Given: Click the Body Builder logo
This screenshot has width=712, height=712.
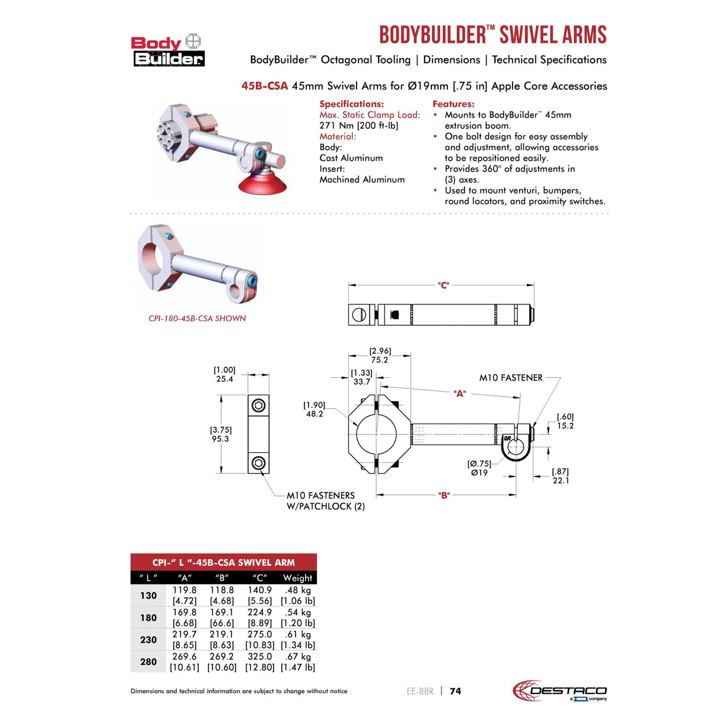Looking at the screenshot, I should [167, 50].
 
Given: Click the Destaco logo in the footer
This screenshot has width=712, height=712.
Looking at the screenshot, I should [560, 691].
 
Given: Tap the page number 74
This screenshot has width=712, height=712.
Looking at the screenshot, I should [455, 691].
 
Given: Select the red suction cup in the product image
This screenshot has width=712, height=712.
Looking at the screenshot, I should [262, 180].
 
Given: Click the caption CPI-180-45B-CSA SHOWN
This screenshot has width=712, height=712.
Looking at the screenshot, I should [197, 319].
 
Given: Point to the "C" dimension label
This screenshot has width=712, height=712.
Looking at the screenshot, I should [443, 285].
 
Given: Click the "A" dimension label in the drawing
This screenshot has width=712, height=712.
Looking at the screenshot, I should [459, 393].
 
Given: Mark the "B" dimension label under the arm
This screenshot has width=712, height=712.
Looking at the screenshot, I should [444, 495].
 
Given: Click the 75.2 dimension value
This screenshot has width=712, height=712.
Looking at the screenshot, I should [379, 360].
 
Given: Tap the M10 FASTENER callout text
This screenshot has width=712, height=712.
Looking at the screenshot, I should [511, 378].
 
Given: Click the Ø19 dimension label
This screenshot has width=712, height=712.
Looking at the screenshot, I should [479, 473].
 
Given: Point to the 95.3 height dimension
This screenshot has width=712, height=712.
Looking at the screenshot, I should [220, 439].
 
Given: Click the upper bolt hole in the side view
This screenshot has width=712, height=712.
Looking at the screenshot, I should [259, 406].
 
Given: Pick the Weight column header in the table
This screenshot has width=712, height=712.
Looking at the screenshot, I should [297, 578].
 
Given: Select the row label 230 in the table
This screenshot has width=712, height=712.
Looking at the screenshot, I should [148, 640].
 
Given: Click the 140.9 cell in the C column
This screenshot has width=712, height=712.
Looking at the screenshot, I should [259, 590].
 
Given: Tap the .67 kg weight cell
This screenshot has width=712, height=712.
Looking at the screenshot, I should [297, 657].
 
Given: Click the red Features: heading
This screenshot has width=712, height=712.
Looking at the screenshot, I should [453, 104].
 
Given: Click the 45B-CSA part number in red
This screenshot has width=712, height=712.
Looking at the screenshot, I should [264, 86].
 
